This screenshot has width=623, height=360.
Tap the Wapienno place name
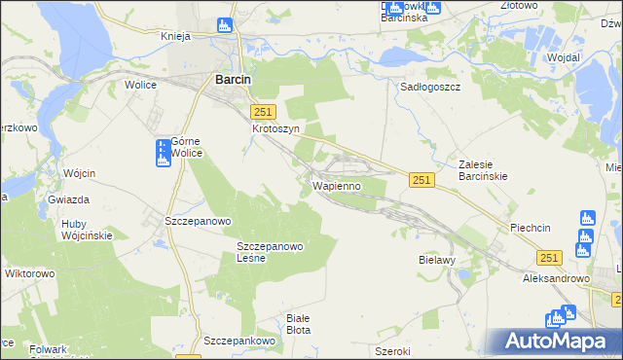coord(337,185)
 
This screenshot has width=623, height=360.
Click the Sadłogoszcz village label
coord(430,86)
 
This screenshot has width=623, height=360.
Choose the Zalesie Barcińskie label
coord(486,171)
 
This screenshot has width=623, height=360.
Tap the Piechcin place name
coord(531,228)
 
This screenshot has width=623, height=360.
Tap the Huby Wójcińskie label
coord(87,229)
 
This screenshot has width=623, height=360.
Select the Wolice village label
coord(141,85)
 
